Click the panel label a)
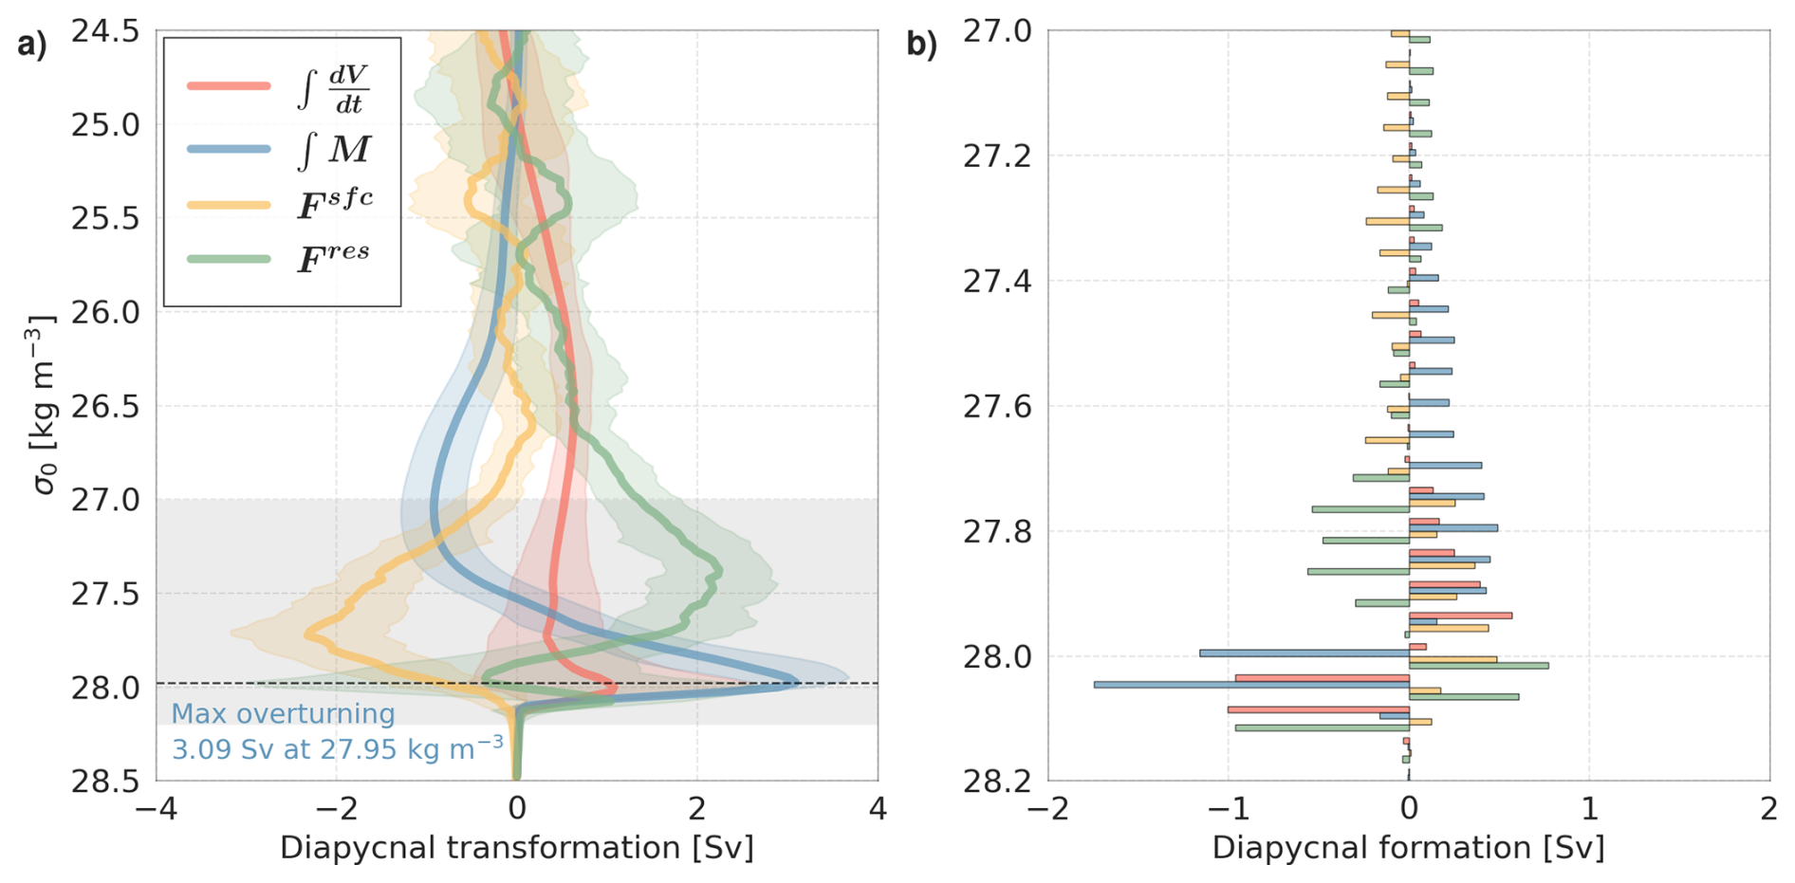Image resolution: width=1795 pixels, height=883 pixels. tap(31, 45)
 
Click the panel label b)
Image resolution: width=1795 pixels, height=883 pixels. tap(921, 45)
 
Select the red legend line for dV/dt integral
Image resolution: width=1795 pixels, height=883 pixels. tap(229, 86)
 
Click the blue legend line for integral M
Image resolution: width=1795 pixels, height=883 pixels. tap(229, 149)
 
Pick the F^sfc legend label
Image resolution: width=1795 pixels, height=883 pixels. tap(335, 203)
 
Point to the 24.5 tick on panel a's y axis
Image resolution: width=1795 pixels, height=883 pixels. tap(105, 31)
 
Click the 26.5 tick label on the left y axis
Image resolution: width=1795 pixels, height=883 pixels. tap(105, 406)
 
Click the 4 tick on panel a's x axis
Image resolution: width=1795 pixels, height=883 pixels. tap(878, 809)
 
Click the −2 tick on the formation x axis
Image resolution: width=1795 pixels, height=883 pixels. tap(1047, 809)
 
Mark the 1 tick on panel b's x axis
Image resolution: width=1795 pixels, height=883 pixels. tap(1589, 809)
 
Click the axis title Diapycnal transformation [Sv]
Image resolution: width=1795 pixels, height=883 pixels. tap(516, 848)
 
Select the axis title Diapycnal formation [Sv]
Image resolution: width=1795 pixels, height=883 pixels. tap(1408, 848)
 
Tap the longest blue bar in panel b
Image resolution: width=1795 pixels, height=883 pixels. tap(1251, 684)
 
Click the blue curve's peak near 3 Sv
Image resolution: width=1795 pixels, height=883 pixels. tap(794, 680)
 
